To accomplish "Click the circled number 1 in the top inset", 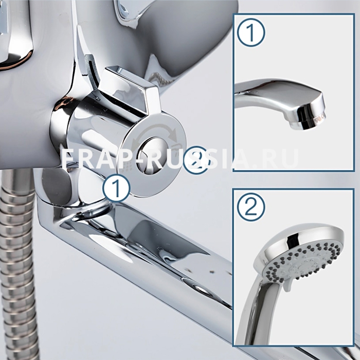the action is click(251, 33).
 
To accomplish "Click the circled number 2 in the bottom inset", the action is click(251, 207).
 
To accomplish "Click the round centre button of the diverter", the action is click(149, 155).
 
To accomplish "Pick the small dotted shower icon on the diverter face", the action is click(128, 166).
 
